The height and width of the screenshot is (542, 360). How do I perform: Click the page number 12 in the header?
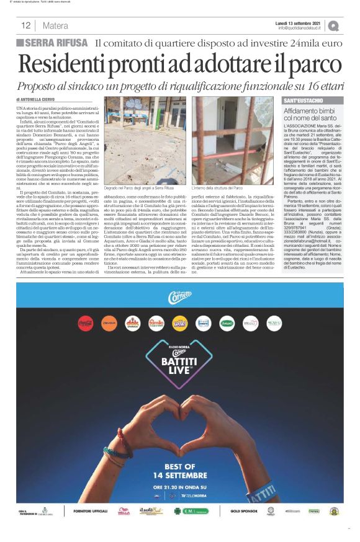(26, 25)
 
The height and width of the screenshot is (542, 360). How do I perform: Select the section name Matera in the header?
(56, 25)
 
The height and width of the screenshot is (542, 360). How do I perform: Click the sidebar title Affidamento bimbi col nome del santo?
(310, 113)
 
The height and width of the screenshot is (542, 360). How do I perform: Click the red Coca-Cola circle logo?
(86, 323)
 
